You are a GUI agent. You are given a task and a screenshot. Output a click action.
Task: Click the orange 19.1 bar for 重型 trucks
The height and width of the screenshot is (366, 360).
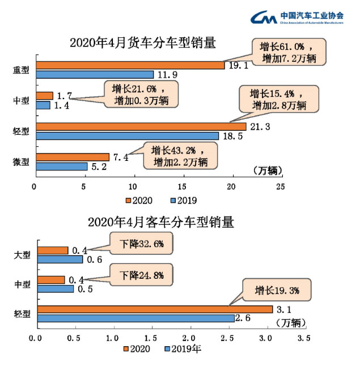tap(130, 65)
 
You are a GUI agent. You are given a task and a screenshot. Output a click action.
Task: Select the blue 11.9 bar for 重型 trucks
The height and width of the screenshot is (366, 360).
tap(95, 74)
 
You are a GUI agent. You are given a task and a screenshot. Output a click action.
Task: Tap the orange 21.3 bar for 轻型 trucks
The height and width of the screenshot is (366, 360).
tap(141, 126)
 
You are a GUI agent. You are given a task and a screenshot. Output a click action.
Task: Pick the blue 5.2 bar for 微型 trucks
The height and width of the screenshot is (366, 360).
tap(62, 166)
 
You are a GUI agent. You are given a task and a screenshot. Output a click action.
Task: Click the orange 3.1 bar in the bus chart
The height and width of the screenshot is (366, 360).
tap(155, 309)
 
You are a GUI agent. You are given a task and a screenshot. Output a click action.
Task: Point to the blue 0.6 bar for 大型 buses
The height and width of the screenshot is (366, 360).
tap(60, 259)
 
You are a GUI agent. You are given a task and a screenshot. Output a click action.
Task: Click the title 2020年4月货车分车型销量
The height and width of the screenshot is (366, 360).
tap(143, 43)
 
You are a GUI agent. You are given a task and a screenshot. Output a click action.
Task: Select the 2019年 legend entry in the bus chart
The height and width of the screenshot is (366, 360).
tap(183, 349)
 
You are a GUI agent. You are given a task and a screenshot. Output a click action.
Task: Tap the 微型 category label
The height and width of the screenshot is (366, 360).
tap(21, 161)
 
